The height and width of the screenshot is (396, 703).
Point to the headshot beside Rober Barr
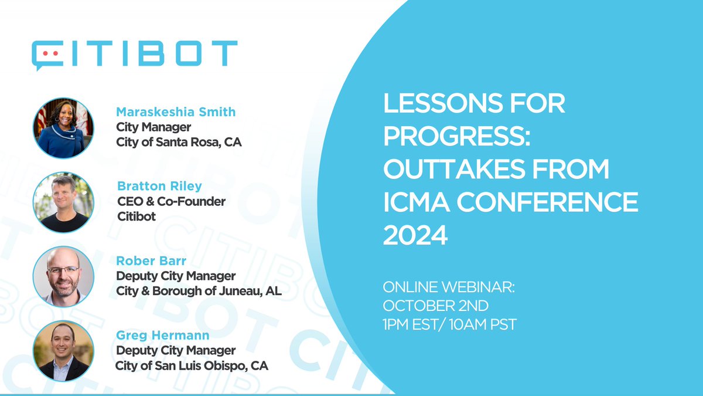point(63,276)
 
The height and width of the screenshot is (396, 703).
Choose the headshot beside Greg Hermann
point(63,350)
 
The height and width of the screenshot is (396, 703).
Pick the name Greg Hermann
point(155,336)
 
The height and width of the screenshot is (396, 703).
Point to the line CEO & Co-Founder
point(171,202)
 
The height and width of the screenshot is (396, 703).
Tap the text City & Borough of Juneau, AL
point(199,290)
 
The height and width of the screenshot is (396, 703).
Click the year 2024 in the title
point(415,236)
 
